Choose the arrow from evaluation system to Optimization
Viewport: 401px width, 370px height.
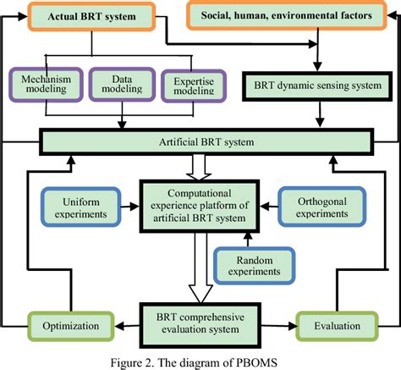coord(118,325)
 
